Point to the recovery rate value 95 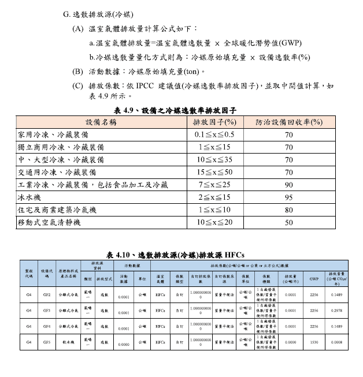(288, 197)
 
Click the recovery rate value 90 (288, 185)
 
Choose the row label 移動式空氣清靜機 (49, 222)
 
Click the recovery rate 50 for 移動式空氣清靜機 (288, 222)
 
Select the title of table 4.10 (176, 254)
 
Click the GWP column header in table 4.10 (314, 278)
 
